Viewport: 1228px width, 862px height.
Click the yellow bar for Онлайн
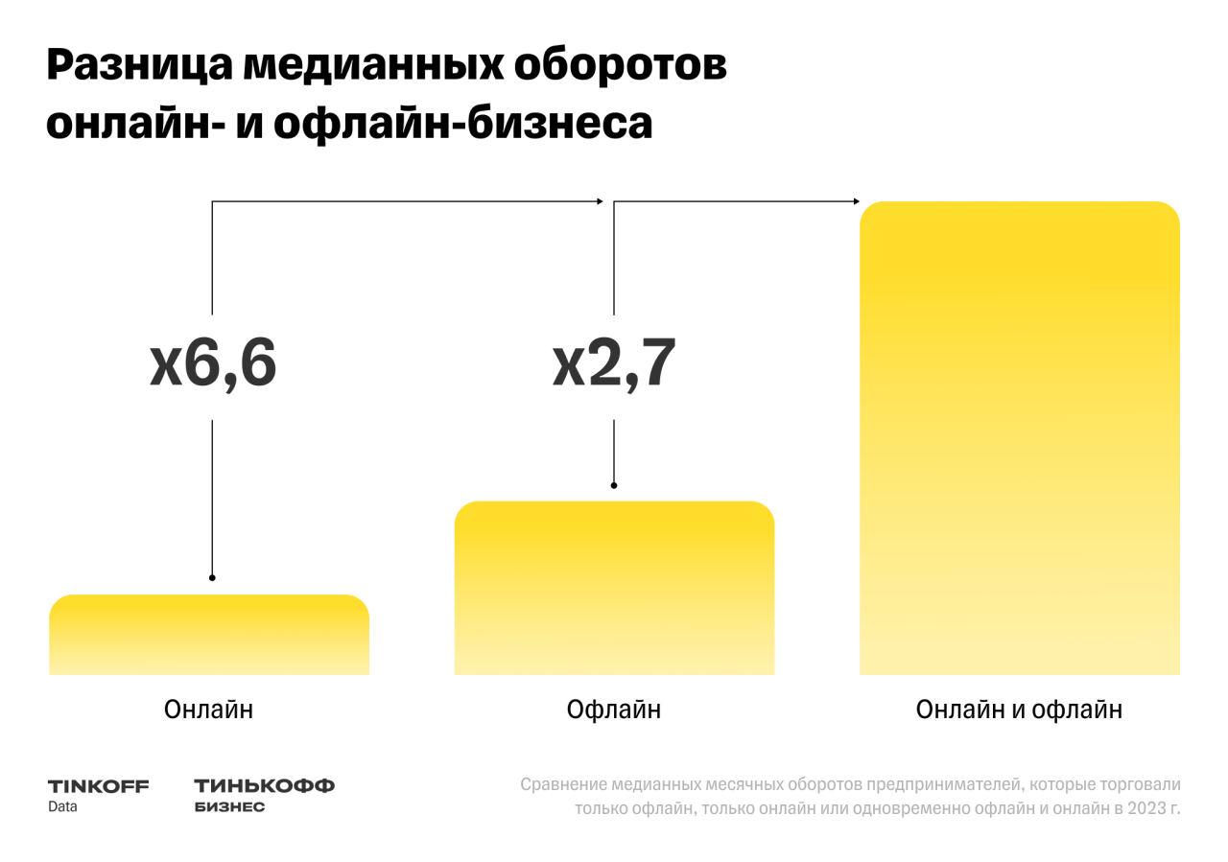tap(209, 634)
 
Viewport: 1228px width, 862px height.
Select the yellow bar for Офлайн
tap(614, 587)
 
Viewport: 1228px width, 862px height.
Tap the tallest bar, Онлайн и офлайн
tap(1019, 437)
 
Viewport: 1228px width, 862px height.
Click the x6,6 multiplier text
tap(213, 364)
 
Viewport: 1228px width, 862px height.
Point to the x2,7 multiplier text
tap(614, 364)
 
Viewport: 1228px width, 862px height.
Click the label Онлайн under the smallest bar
tap(209, 711)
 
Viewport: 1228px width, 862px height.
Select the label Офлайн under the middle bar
tap(614, 711)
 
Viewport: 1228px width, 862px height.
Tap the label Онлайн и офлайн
tap(1019, 711)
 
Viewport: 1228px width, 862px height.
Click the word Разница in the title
tap(137, 67)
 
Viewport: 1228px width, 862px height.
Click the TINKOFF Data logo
tap(98, 795)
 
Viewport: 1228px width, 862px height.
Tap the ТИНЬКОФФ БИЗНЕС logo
tap(264, 795)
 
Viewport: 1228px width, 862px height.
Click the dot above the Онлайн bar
tap(212, 577)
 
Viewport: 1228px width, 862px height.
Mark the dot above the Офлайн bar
tap(614, 485)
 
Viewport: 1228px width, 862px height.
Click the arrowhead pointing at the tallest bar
tap(856, 201)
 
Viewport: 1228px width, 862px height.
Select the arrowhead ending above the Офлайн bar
tap(600, 201)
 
